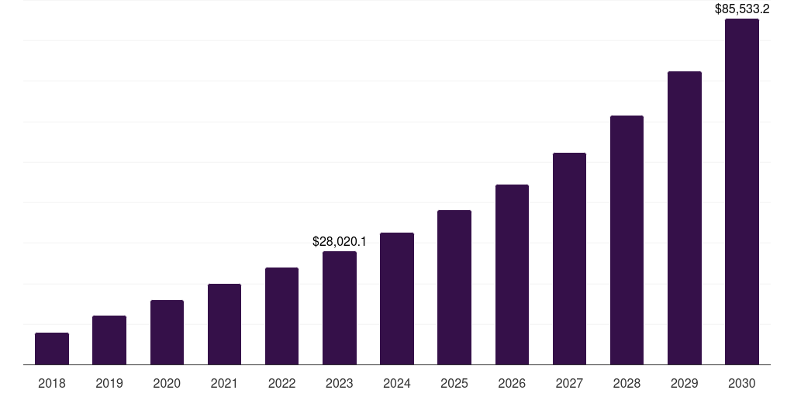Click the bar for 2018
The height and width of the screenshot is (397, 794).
[52, 349]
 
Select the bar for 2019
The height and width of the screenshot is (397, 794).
[109, 340]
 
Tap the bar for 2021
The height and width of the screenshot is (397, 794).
[224, 324]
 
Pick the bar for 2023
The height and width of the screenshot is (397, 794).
[339, 308]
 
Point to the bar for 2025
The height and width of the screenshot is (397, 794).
[454, 287]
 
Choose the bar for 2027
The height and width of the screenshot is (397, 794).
[569, 258]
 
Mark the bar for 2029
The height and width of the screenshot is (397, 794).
[684, 218]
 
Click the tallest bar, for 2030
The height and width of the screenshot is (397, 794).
[741, 192]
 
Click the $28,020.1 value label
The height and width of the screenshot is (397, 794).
[340, 241]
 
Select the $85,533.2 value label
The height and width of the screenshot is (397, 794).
[741, 9]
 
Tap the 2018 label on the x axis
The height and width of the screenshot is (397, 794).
[52, 383]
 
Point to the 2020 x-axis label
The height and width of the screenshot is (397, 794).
[167, 383]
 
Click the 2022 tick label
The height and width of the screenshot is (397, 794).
[281, 383]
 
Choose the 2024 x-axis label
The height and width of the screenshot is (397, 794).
[396, 383]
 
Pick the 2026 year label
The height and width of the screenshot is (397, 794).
[512, 383]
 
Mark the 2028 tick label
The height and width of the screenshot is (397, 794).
[627, 383]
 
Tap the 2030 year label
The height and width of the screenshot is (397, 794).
[741, 383]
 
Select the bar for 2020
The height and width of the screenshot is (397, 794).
[167, 333]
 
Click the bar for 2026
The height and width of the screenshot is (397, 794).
[512, 274]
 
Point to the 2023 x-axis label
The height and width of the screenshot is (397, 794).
[339, 383]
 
